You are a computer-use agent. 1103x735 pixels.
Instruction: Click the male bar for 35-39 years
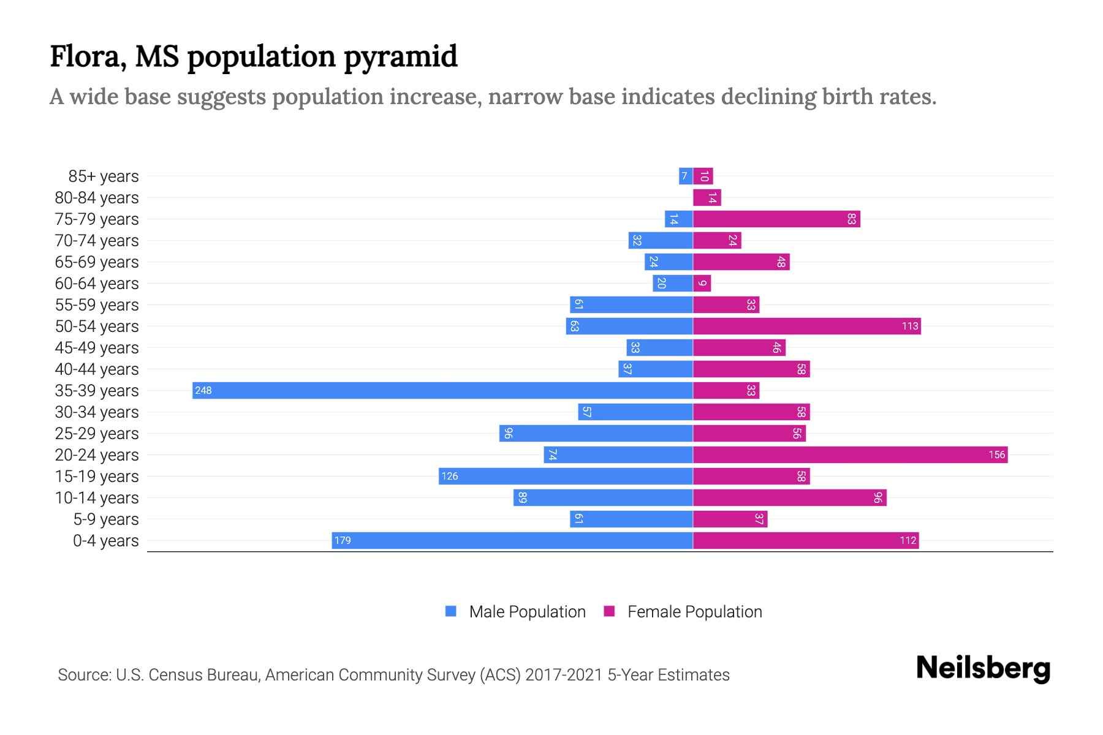(442, 391)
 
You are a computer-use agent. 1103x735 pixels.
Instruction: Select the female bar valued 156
(850, 455)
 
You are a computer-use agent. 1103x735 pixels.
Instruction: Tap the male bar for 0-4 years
(512, 541)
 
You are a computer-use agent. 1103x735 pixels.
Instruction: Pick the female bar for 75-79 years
(776, 219)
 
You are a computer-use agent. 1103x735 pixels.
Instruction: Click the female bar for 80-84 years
(707, 198)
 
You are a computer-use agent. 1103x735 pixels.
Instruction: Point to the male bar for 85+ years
(686, 176)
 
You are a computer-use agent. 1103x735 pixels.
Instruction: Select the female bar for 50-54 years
(806, 326)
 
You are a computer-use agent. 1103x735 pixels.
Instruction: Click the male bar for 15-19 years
(566, 477)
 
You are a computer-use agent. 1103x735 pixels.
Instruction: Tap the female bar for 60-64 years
(702, 284)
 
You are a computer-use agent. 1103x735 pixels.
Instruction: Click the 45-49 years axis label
(97, 348)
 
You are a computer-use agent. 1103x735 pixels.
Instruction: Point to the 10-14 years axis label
(97, 498)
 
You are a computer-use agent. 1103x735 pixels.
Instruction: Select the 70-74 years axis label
(97, 241)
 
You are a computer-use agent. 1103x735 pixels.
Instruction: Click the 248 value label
(203, 391)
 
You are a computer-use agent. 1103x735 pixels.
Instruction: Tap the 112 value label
(908, 541)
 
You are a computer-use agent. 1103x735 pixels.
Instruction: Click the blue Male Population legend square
(451, 611)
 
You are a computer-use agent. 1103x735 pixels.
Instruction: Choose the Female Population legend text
(694, 612)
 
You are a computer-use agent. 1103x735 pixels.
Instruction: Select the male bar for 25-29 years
(596, 434)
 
